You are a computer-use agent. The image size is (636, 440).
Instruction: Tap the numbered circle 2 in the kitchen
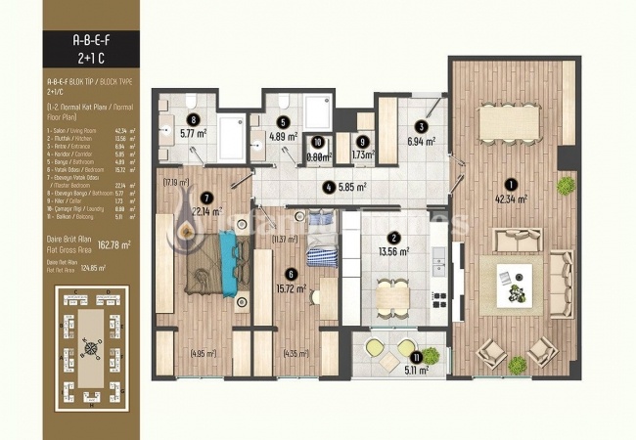coord(392,237)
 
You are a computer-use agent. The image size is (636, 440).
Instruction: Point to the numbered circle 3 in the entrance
coord(421,126)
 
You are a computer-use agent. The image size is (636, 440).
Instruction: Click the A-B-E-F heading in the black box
coord(91,42)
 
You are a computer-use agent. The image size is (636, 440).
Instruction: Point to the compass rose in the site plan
coord(92,344)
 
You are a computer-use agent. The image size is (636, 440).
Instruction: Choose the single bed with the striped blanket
coord(322,242)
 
